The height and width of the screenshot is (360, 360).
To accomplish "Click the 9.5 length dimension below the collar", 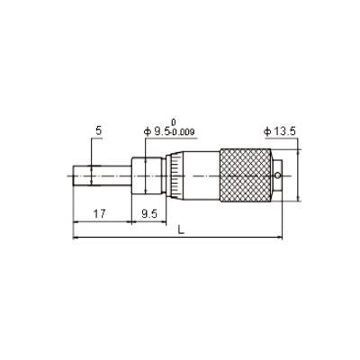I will (x=150, y=216).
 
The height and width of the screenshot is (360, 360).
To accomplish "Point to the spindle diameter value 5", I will (x=98, y=131).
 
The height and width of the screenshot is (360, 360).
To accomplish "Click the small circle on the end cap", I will (x=281, y=175).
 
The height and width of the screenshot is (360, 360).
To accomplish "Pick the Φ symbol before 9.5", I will (x=147, y=132).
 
